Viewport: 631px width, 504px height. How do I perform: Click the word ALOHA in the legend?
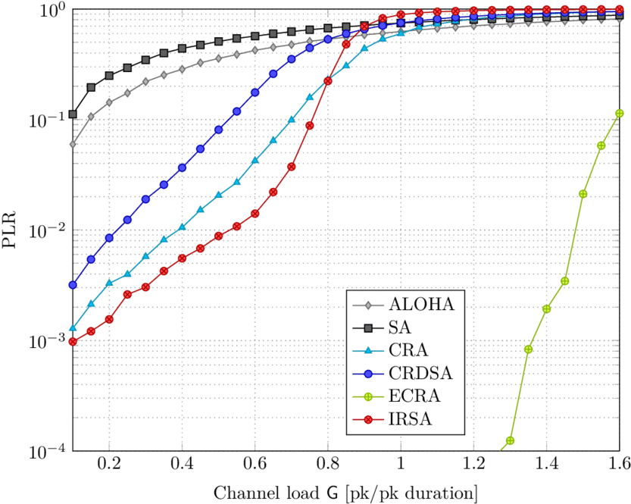pyautogui.click(x=421, y=305)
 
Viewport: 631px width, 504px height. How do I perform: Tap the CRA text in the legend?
pyautogui.click(x=408, y=350)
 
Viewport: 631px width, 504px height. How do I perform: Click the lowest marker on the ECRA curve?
pyautogui.click(x=511, y=440)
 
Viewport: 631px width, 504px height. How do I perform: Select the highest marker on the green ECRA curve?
pyautogui.click(x=620, y=113)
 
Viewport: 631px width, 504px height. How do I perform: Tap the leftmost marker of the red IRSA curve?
pyautogui.click(x=73, y=342)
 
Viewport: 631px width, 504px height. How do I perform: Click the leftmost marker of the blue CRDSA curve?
pyautogui.click(x=73, y=285)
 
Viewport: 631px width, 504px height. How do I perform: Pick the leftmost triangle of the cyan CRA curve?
pyautogui.click(x=73, y=328)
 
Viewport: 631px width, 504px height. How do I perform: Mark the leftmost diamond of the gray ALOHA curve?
pyautogui.click(x=73, y=144)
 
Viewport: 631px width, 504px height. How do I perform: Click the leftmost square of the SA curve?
pyautogui.click(x=73, y=114)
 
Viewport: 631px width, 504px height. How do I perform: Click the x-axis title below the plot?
pyautogui.click(x=345, y=493)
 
